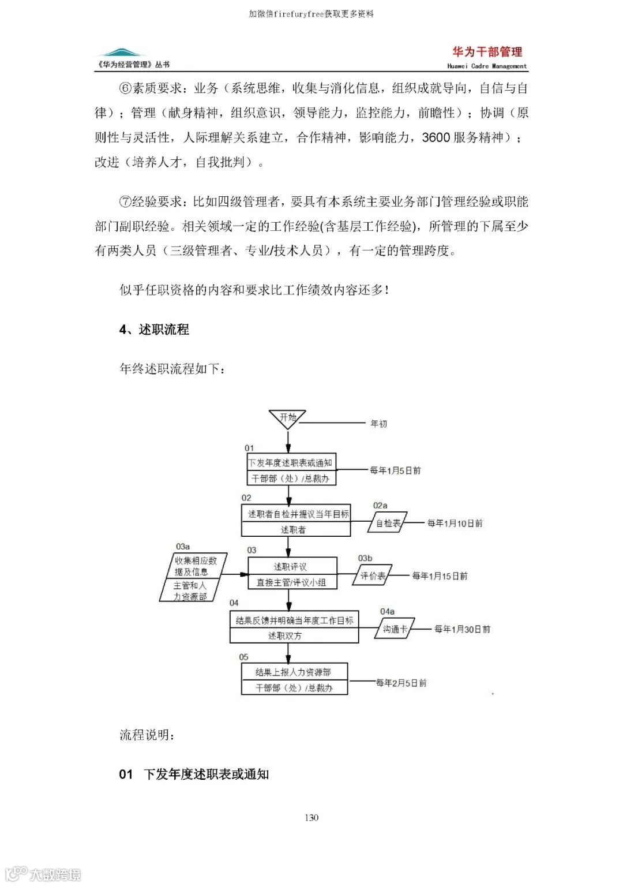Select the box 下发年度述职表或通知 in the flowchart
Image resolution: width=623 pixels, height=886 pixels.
point(290,463)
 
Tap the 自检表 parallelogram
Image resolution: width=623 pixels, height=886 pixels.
point(388,523)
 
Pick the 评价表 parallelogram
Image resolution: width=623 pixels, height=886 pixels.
point(373,575)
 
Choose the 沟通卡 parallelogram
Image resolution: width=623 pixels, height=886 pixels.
point(395,629)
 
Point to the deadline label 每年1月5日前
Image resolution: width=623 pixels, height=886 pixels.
point(395,470)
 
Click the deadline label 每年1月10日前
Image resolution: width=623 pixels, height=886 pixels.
point(455,523)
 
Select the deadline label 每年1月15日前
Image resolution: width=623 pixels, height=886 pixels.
point(440,575)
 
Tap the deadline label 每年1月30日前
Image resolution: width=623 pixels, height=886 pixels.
point(462,629)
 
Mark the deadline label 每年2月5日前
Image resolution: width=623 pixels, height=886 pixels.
point(401,683)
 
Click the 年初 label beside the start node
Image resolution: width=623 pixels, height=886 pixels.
point(378,424)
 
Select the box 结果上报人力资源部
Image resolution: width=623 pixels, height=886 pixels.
point(294,672)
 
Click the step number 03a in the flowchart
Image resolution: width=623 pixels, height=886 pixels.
point(183,547)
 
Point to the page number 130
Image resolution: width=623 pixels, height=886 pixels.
point(311,817)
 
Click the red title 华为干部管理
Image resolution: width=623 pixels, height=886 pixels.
point(487,52)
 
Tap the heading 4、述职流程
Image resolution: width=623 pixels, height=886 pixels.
point(154,330)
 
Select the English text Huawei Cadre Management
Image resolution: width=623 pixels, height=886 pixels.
point(487,66)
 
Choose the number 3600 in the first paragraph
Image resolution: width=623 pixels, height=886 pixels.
point(436,137)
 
